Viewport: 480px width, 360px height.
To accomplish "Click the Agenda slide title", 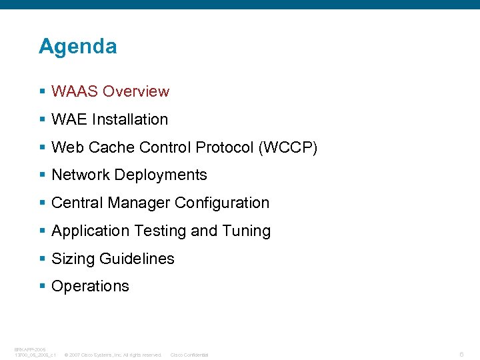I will coord(77,47).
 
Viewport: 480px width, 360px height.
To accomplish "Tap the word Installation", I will coord(130,119).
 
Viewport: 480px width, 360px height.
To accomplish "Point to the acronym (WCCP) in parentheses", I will coord(287,147).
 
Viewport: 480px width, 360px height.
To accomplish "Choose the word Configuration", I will coord(222,203).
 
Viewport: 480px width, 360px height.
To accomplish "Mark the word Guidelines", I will coord(137,259).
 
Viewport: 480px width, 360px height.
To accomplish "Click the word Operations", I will coord(90,286).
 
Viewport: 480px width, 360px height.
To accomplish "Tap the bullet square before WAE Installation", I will coord(42,120).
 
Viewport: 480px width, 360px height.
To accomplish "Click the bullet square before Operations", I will coord(42,287).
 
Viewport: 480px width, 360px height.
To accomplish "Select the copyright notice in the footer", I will coord(113,355).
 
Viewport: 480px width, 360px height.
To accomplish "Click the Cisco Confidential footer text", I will coord(189,355).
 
